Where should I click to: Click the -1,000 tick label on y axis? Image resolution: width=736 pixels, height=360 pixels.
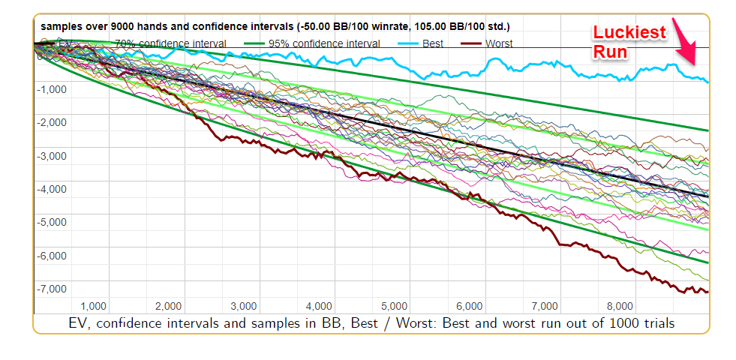coord(52,89)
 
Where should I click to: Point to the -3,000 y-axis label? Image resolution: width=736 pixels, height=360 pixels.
coord(52,156)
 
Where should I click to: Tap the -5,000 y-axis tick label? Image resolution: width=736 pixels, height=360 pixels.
coord(52,223)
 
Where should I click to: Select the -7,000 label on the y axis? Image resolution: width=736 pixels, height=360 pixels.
coord(52,289)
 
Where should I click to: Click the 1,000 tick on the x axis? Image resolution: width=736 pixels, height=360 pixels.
coord(93,306)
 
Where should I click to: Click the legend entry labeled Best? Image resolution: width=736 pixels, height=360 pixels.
coord(431,43)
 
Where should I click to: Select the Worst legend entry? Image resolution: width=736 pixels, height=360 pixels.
coord(499,43)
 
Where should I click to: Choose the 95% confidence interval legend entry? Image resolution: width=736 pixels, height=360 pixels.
coord(324,43)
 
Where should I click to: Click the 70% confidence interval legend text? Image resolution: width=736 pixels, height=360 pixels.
coord(170,43)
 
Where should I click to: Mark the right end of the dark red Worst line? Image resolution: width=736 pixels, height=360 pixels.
coord(707,292)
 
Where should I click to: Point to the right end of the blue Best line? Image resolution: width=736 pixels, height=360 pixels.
coord(707,82)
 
